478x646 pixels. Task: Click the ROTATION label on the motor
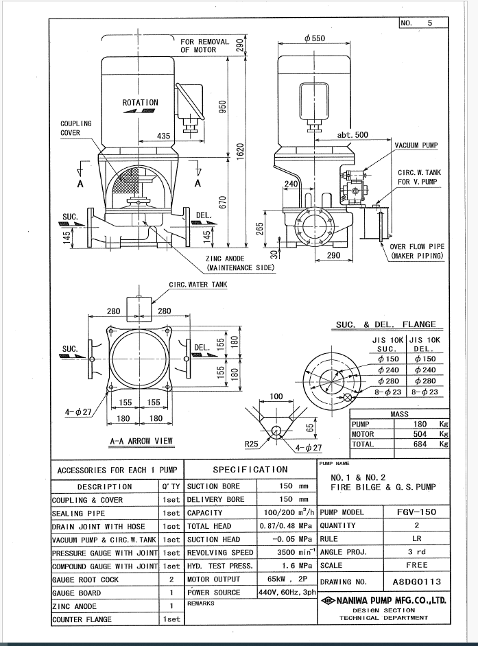[x=140, y=103]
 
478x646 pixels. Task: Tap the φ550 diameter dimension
[x=315, y=38]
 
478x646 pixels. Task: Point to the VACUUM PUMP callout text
[x=416, y=145]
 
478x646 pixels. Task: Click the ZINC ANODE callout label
[x=225, y=259]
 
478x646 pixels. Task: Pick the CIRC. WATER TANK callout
[x=198, y=285]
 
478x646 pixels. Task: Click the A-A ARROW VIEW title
[x=141, y=441]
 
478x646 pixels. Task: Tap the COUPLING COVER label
[x=71, y=128]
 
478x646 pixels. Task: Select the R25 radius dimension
[x=252, y=444]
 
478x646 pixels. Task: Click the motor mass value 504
[x=420, y=434]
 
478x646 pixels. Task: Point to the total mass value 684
[x=420, y=444]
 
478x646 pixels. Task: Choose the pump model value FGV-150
[x=416, y=512]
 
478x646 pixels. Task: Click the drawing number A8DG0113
[x=416, y=582]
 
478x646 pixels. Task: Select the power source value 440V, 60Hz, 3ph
[x=287, y=593]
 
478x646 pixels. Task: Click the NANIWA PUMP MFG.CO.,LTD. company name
[x=391, y=600]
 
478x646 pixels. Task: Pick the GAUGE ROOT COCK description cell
[x=85, y=579]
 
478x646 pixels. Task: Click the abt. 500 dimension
[x=352, y=134]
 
